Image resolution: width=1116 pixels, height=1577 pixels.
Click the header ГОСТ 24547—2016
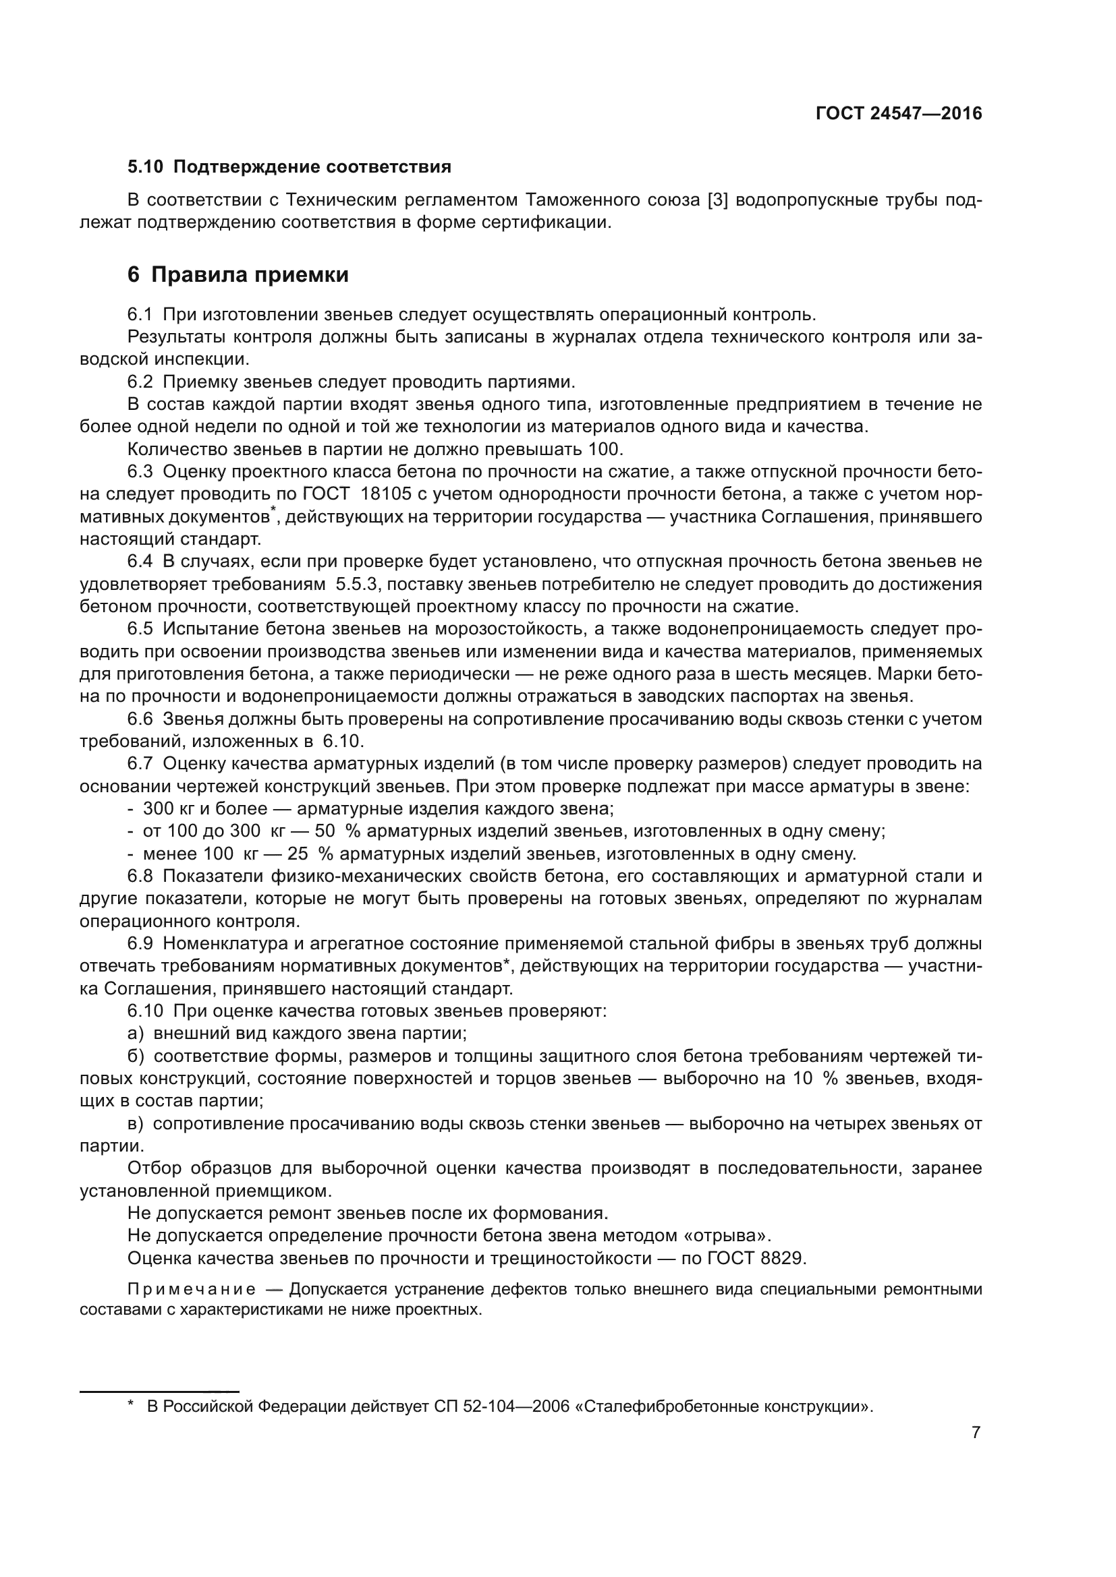898,114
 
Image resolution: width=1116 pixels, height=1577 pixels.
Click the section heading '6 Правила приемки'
238,274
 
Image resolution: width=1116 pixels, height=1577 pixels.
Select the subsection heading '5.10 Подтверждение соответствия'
289,167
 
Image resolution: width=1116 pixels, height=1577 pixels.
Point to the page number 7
975,1432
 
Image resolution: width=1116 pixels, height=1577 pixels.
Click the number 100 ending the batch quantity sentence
605,450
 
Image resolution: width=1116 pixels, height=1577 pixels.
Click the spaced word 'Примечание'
192,1289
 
